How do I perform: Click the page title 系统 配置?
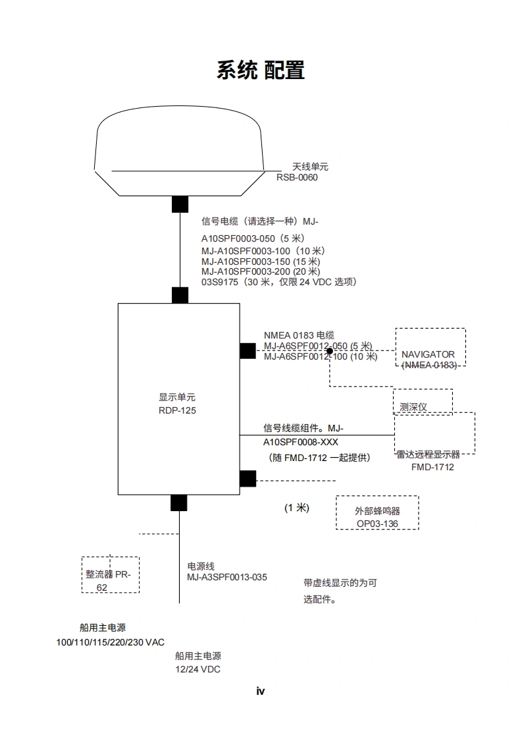[x=261, y=70]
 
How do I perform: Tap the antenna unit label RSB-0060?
[x=297, y=177]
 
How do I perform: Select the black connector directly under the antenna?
[x=180, y=204]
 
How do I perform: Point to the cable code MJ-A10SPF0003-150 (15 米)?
[x=260, y=261]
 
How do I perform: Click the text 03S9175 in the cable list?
[x=219, y=282]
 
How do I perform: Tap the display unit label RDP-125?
[x=177, y=410]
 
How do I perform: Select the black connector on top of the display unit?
[x=180, y=295]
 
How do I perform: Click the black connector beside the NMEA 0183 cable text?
[x=248, y=351]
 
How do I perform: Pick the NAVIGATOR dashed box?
[x=430, y=348]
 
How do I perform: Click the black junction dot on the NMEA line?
[x=330, y=351]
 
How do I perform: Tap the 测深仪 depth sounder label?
[x=413, y=406]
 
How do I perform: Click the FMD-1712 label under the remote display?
[x=432, y=467]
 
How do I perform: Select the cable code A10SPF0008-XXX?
[x=301, y=442]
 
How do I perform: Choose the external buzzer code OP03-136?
[x=377, y=524]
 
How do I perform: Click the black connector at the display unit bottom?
[x=178, y=503]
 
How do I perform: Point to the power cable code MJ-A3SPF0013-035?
[x=227, y=578]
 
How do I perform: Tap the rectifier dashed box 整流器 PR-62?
[x=111, y=574]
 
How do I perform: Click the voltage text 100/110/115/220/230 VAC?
[x=111, y=642]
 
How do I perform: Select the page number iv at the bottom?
[x=260, y=691]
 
